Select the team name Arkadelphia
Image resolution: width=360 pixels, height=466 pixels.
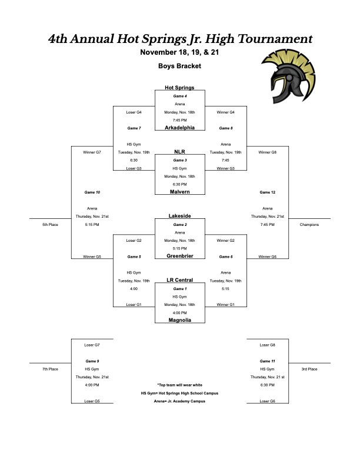[x=179, y=128]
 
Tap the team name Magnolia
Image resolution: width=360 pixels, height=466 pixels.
[x=179, y=320]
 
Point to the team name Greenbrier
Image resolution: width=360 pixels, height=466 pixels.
[x=179, y=256]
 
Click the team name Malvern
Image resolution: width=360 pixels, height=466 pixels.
[x=179, y=192]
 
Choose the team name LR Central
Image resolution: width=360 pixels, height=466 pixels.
[x=179, y=280]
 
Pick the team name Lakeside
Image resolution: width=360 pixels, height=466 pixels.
[x=179, y=216]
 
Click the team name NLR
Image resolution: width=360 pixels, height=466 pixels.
[x=179, y=152]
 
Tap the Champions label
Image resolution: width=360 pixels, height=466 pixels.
[x=309, y=224]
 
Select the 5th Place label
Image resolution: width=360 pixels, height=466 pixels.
[x=50, y=224]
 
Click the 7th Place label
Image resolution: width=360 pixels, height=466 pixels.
[x=50, y=369]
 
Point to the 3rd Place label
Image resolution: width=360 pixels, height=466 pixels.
[x=309, y=369]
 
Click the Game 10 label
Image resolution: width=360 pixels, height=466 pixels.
[x=92, y=192]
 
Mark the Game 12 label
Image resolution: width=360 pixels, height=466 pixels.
[x=267, y=192]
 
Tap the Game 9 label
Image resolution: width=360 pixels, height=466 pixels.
[x=92, y=361]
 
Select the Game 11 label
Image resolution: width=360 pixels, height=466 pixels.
[x=267, y=361]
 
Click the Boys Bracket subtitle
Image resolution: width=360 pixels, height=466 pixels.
[x=179, y=66]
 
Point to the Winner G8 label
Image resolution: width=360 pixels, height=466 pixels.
[x=267, y=152]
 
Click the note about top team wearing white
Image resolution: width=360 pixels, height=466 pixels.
[x=179, y=385]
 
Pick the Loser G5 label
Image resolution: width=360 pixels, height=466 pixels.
[x=92, y=401]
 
